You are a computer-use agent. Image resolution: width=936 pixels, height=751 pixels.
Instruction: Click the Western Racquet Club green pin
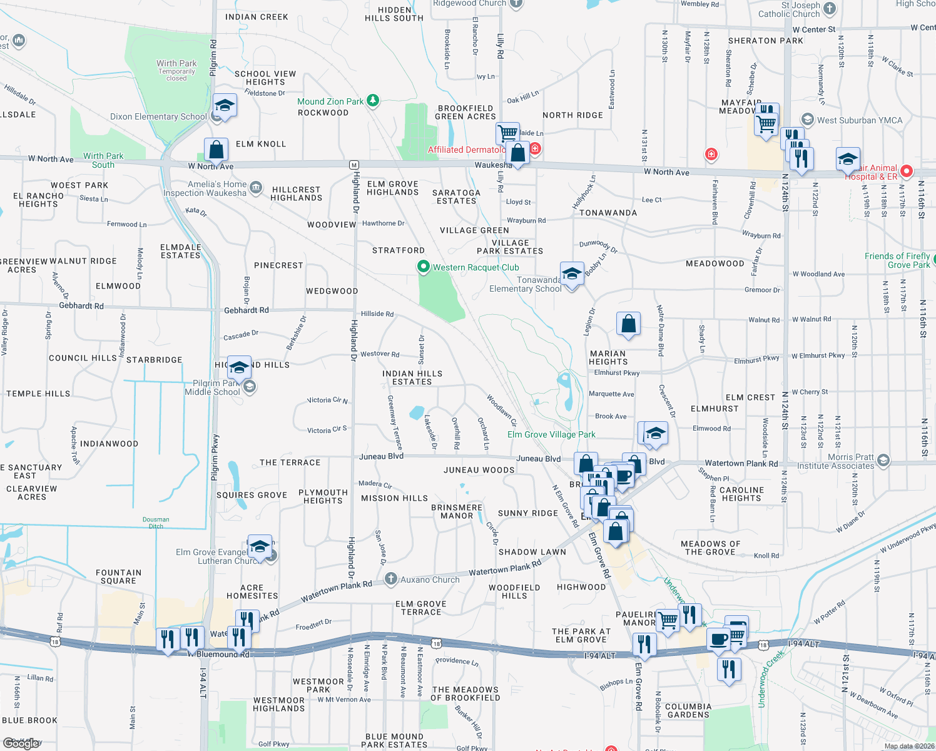pos(424,267)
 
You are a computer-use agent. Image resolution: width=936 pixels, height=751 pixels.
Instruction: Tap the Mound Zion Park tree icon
pos(373,100)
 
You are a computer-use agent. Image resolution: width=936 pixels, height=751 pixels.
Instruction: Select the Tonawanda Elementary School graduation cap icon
pos(572,274)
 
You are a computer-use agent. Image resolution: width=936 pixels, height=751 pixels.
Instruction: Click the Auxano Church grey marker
pos(391,579)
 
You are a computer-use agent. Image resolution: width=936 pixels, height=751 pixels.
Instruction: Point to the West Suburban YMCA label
pos(859,120)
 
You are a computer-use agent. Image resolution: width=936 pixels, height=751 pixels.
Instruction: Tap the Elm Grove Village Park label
pos(551,434)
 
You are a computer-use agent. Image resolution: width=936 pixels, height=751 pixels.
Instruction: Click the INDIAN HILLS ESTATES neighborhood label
pos(412,377)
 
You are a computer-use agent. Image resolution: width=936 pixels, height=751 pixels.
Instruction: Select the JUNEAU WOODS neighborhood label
pos(479,470)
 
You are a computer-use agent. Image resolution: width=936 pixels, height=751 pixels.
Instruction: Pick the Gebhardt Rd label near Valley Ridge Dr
pos(81,306)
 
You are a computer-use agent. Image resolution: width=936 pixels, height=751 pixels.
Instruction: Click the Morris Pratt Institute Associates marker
pos(883,461)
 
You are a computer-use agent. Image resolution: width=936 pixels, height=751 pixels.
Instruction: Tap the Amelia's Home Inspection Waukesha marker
pos(256,187)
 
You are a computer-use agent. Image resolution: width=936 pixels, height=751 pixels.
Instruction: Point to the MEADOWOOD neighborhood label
pos(715,263)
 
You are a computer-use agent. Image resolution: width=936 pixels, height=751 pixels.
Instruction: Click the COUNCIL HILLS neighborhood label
pos(83,358)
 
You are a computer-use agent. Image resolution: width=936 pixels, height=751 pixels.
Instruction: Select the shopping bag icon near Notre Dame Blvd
pos(628,324)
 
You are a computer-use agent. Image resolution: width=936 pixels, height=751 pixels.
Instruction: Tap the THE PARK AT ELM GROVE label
pos(581,635)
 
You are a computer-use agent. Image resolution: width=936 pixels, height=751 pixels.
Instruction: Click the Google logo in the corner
pos(22,743)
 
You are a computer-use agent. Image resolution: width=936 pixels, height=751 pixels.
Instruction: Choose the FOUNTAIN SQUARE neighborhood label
pos(118,576)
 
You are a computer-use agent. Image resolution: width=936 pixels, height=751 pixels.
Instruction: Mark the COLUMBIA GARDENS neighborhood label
pos(688,710)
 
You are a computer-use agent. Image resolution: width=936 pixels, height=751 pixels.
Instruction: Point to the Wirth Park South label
pos(103,160)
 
